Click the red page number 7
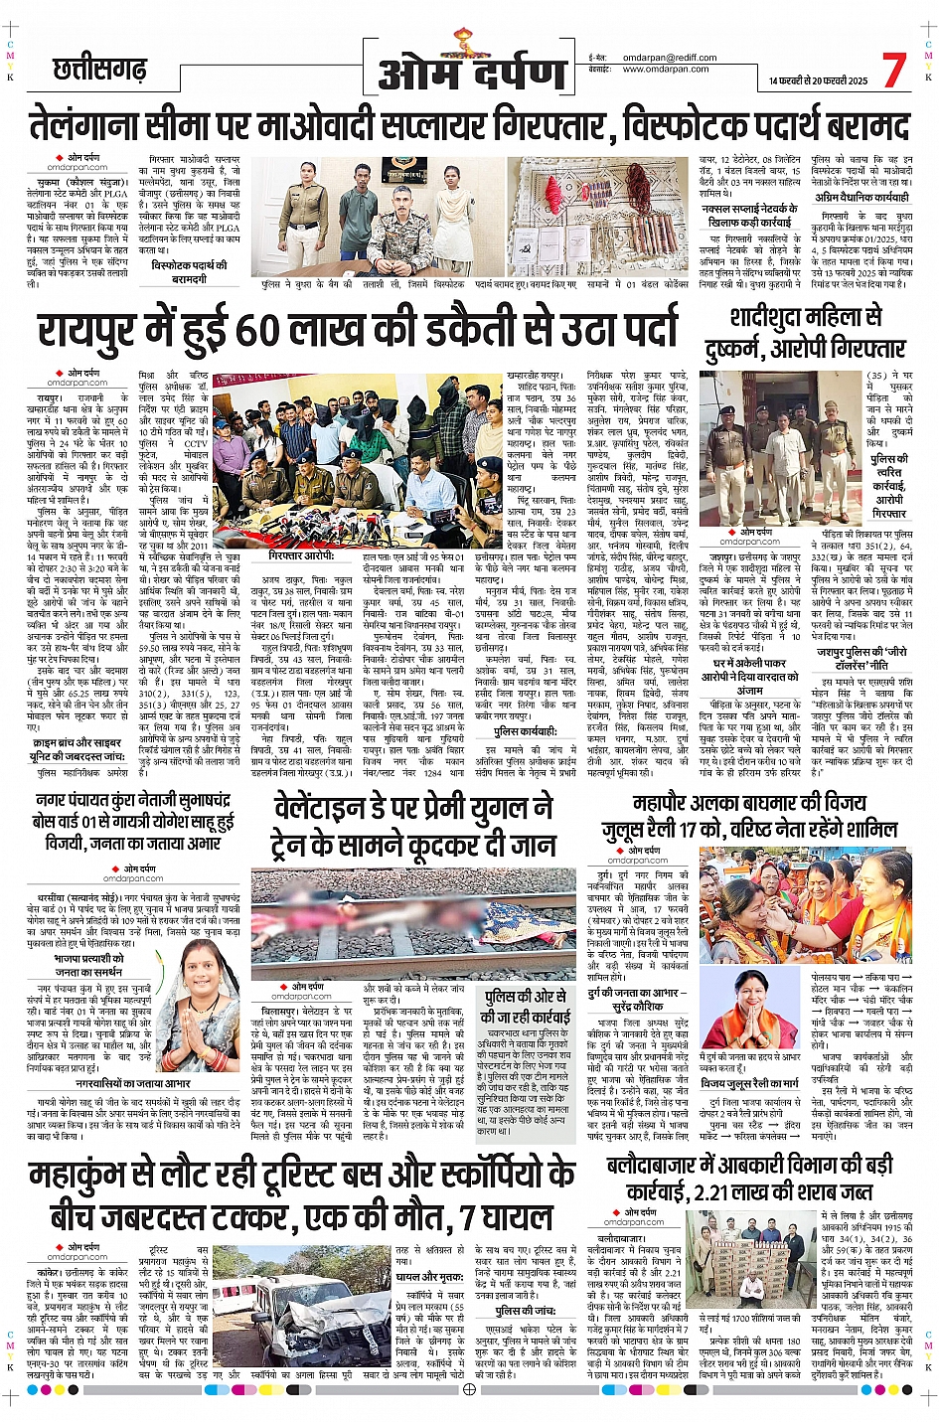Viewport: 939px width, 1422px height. tap(893, 70)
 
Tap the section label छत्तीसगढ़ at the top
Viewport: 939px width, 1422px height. tap(99, 70)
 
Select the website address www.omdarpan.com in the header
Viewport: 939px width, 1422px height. tap(666, 70)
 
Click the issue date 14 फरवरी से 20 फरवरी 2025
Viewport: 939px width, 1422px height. tap(818, 80)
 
